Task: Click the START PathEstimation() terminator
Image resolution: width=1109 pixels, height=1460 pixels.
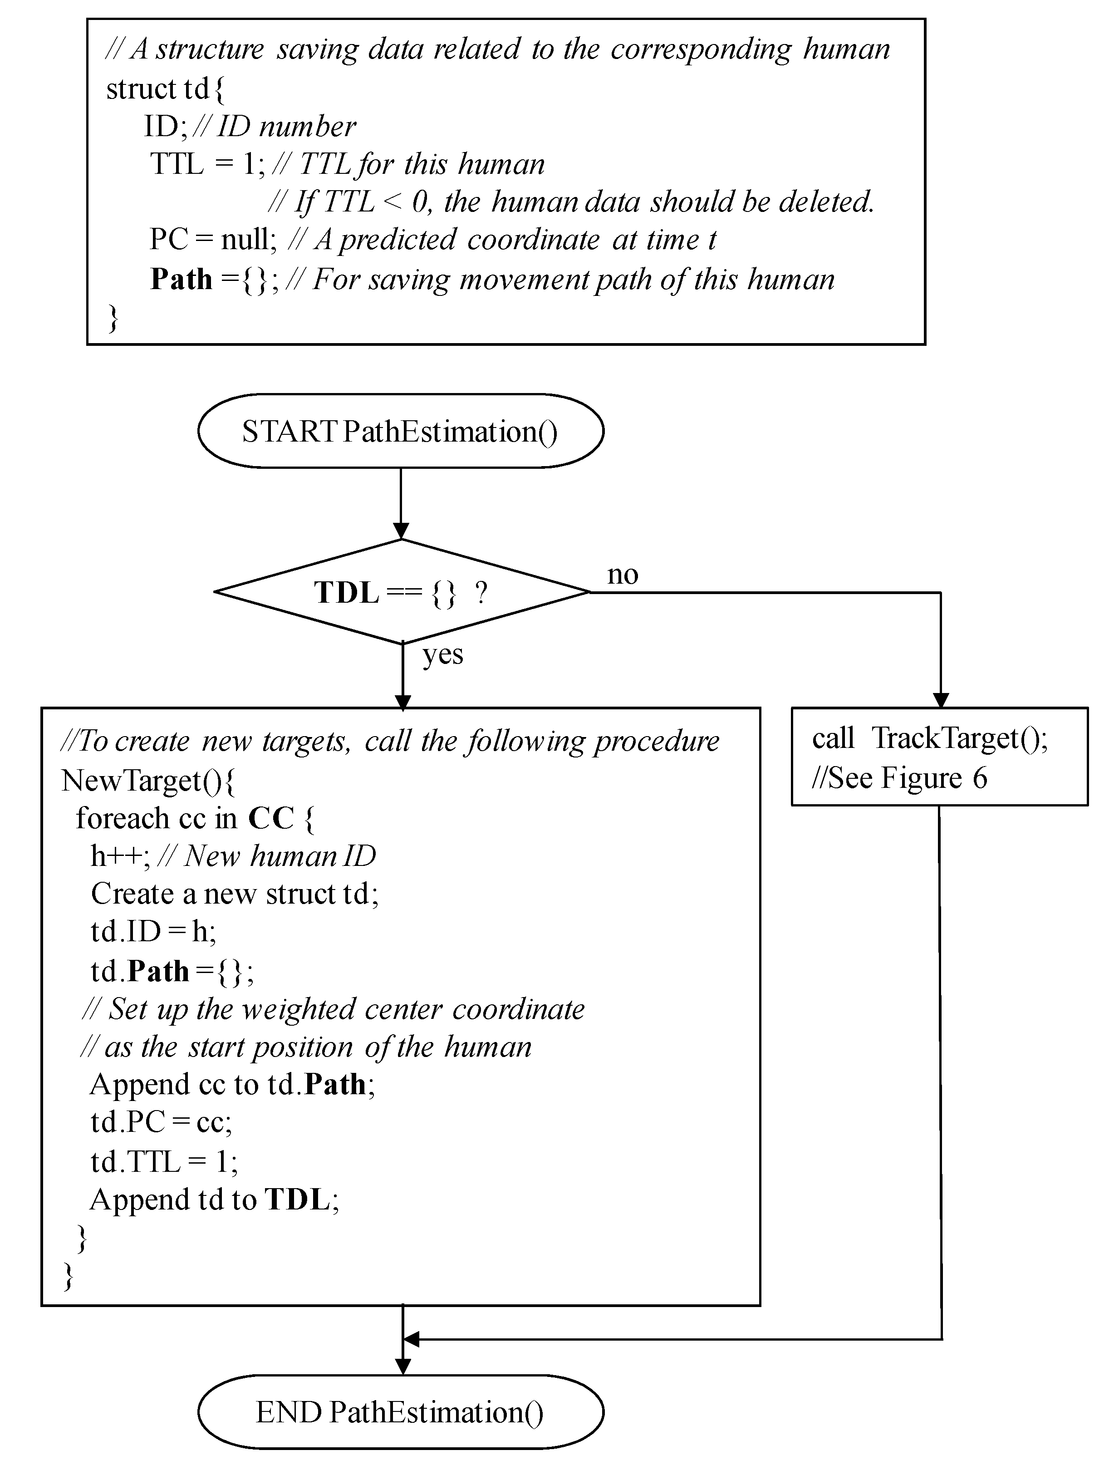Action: (x=400, y=432)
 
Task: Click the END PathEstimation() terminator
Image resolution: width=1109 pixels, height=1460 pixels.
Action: (x=400, y=1412)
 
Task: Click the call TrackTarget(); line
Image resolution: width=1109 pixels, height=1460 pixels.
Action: (x=929, y=738)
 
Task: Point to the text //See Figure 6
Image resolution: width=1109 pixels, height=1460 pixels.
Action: (x=899, y=778)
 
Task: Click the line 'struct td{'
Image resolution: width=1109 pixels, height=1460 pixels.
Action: (x=165, y=88)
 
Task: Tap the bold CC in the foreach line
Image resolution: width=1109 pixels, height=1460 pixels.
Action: (x=270, y=818)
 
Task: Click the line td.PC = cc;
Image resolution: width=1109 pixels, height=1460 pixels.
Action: (x=161, y=1122)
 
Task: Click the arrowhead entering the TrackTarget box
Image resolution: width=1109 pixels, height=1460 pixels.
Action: (x=941, y=700)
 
